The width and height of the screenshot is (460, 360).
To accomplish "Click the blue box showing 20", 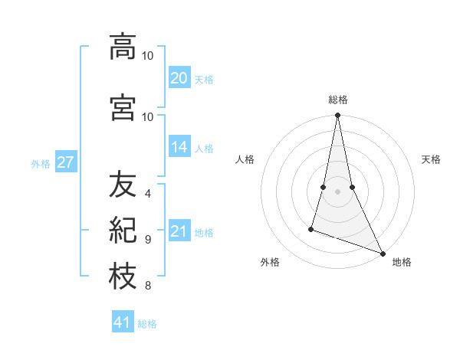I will coord(179,78).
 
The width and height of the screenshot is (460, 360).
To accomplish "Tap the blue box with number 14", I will coord(179,147).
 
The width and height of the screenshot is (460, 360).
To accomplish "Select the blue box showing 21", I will coord(179,231).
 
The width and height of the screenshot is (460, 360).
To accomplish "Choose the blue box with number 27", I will coord(65,162).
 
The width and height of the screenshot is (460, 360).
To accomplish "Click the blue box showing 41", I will coord(123,322).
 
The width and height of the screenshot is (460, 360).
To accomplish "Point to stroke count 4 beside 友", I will coord(148,193).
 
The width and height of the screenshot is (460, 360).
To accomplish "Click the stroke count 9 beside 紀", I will coord(148,239).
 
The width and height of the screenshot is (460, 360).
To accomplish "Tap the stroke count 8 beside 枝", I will coord(148,286).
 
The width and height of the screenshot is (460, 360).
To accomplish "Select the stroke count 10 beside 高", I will coord(148,56).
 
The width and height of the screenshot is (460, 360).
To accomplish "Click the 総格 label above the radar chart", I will coord(338,100).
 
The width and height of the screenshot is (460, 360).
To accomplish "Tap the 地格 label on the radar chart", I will coord(402,262).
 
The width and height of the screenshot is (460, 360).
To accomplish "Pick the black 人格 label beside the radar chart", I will coord(245,159).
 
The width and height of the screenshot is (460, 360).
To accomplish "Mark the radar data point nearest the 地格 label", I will coord(382,254).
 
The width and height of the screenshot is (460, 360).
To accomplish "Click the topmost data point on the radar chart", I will coord(337,116).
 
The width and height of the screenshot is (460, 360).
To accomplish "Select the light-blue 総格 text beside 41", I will coord(147,324).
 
